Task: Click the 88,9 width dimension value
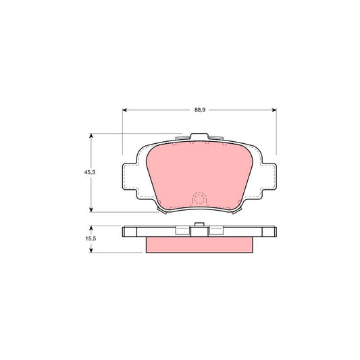[x=200, y=110]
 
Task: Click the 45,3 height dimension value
[x=90, y=172]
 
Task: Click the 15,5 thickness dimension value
[x=91, y=238]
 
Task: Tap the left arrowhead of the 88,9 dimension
[x=125, y=110]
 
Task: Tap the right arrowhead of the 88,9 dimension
[x=274, y=110]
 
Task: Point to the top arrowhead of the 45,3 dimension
[x=91, y=136]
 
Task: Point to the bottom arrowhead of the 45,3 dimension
[x=91, y=210]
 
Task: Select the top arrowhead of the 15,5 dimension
[x=91, y=228]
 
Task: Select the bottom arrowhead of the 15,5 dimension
[x=91, y=251]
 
